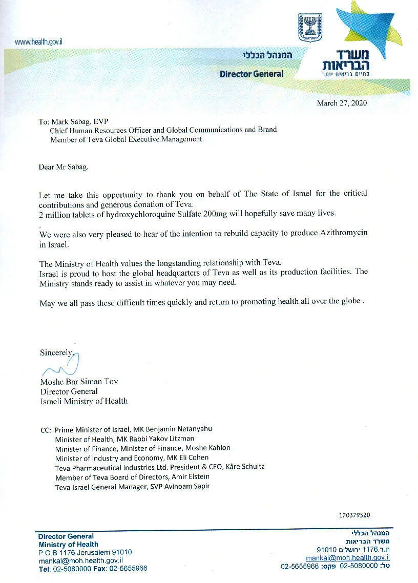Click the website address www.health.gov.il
tap(35, 42)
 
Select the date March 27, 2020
tap(342, 103)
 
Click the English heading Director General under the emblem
tap(252, 74)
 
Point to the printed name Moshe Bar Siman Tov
tap(75, 382)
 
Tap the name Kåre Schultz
tap(244, 467)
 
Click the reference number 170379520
tap(354, 515)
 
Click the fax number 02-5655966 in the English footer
tap(125, 569)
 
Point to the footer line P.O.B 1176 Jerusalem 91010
tap(85, 552)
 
